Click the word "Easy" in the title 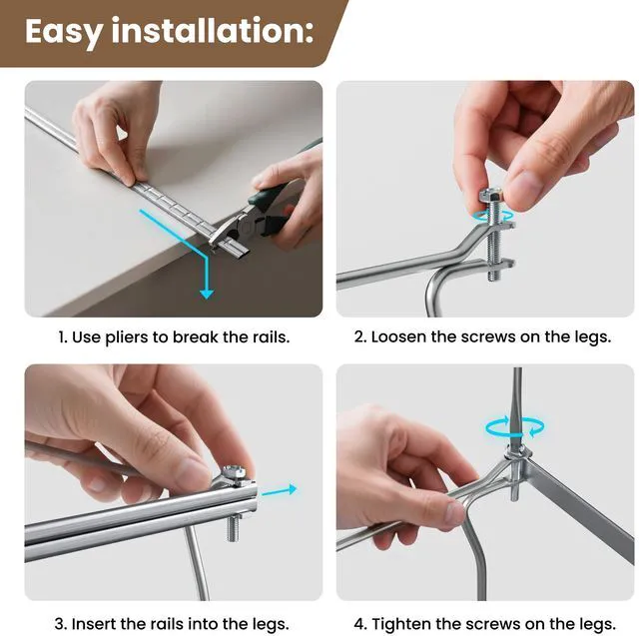coord(63,32)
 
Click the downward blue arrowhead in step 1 coord(207,293)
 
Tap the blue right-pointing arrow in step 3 coord(280,490)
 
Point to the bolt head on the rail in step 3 coord(234,474)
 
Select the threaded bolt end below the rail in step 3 coord(233,527)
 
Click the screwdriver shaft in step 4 coord(517,407)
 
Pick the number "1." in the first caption coord(63,337)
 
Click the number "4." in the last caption coord(360,624)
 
